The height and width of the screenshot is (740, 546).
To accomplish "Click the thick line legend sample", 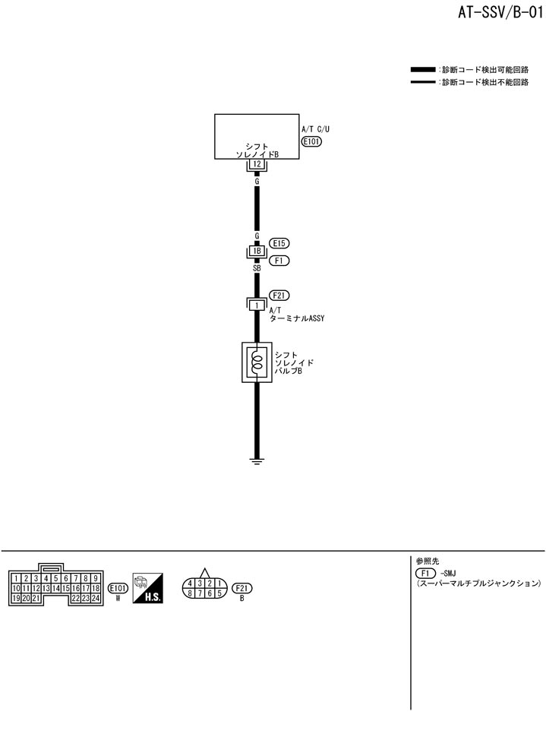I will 423,70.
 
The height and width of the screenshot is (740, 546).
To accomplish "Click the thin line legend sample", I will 423,81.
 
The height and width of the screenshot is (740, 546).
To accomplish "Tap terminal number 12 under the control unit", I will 257,163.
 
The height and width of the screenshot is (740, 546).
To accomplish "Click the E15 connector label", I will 280,243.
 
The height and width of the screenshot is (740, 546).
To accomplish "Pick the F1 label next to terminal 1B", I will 280,260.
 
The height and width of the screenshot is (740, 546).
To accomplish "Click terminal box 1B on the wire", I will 257,251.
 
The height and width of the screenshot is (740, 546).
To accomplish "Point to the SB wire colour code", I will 257,268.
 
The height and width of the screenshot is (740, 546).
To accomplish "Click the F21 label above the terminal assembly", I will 280,296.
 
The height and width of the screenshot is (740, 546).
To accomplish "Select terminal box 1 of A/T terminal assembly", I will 257,305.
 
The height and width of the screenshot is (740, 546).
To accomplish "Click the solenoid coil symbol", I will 257,362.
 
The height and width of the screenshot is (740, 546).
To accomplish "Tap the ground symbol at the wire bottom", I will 257,460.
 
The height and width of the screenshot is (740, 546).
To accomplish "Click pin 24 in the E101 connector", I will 96,599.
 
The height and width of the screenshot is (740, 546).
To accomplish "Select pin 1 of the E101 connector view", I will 16,578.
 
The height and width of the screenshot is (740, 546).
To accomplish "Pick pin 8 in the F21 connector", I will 189,593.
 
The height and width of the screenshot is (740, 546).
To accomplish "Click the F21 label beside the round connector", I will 242,588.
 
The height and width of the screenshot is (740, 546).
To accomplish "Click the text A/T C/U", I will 316,129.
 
